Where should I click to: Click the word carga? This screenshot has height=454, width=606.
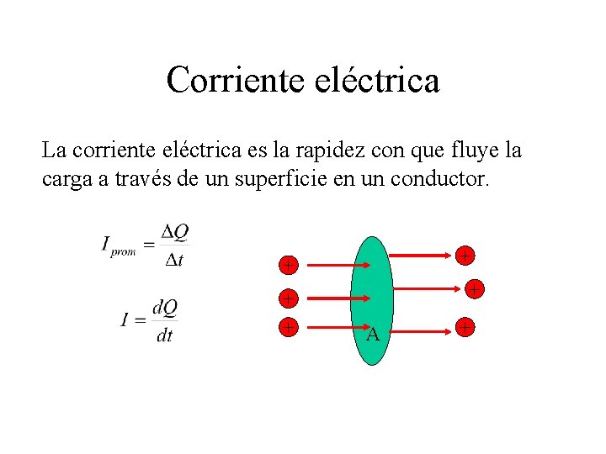pyautogui.click(x=65, y=179)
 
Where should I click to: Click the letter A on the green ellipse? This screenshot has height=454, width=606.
pyautogui.click(x=372, y=335)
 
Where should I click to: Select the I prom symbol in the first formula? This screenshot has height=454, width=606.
pyautogui.click(x=118, y=246)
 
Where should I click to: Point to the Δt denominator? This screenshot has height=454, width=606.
pyautogui.click(x=174, y=260)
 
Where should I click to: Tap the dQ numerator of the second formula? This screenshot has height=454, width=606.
pyautogui.click(x=165, y=307)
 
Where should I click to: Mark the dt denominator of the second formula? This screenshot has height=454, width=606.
pyautogui.click(x=165, y=335)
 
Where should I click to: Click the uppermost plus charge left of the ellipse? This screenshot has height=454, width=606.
pyautogui.click(x=288, y=266)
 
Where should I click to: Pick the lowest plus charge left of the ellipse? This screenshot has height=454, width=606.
pyautogui.click(x=288, y=327)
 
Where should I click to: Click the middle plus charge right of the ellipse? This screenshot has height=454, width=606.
pyautogui.click(x=475, y=290)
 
